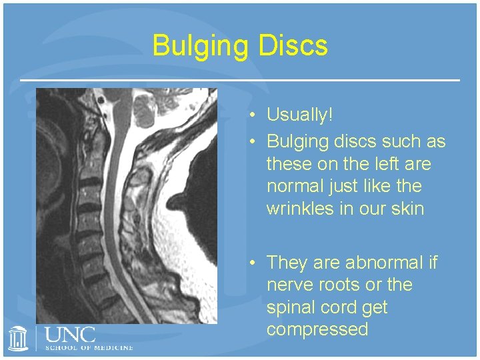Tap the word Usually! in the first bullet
click(299, 115)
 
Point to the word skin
click(407, 209)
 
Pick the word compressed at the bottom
click(317, 329)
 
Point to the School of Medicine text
click(89, 347)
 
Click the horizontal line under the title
click(240, 80)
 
